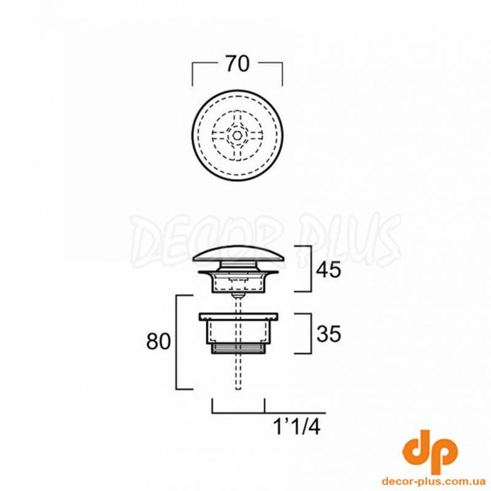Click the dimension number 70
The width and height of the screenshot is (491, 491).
tap(238, 64)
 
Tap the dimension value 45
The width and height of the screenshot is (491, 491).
tap(328, 269)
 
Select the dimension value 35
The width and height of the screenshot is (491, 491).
tap(328, 334)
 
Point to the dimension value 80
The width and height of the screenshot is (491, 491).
tap(158, 341)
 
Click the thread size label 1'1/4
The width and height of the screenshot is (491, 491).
tap(297, 427)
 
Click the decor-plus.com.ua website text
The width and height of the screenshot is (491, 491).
tap(433, 481)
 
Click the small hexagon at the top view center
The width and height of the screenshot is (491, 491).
tap(237, 135)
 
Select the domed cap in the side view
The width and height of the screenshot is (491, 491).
tap(238, 253)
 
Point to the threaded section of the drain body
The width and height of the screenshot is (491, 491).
tap(238, 349)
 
